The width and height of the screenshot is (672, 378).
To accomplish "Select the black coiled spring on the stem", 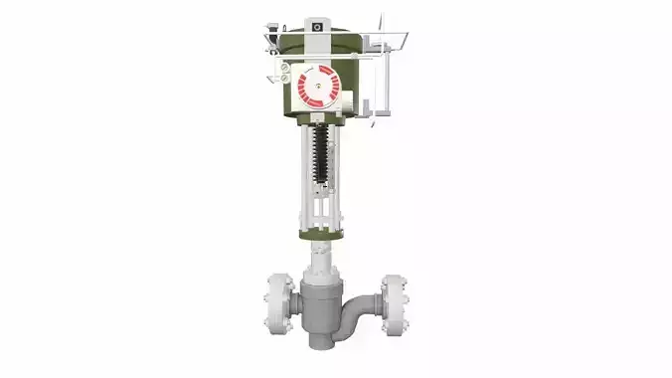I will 321,154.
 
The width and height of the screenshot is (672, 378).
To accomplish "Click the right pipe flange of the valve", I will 392,298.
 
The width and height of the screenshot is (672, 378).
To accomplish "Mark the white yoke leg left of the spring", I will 302,174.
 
